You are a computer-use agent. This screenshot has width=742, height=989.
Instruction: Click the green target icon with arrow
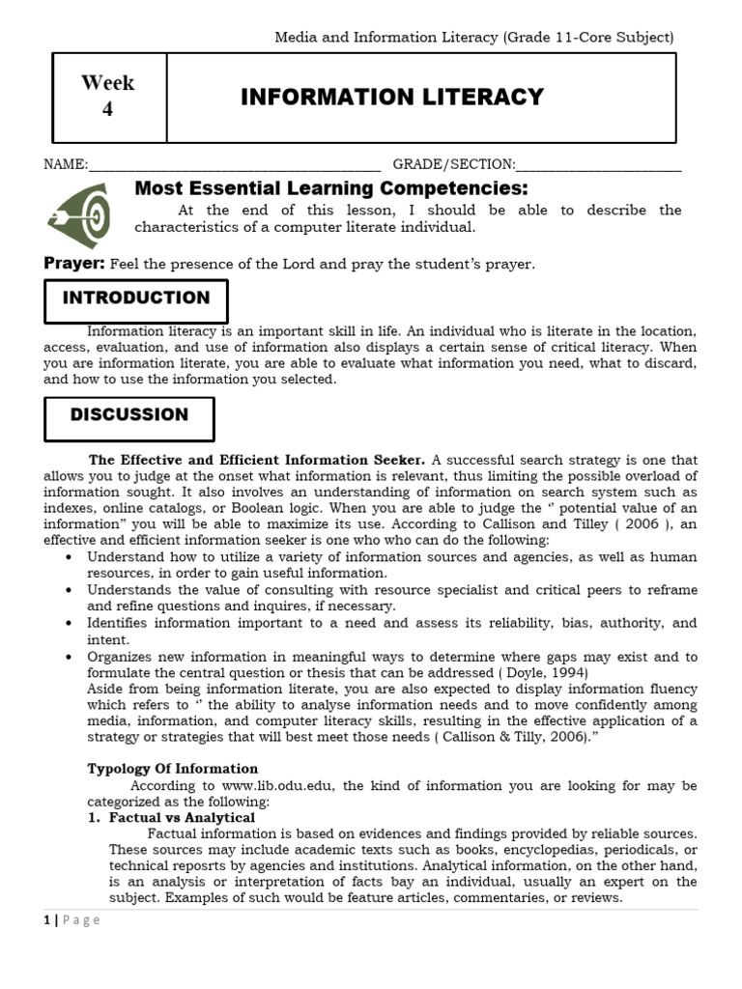[x=78, y=213]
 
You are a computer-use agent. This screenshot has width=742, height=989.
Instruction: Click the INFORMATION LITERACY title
[x=391, y=97]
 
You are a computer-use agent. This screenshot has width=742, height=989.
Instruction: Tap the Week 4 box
[x=107, y=97]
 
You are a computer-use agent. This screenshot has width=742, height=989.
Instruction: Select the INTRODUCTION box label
[x=136, y=298]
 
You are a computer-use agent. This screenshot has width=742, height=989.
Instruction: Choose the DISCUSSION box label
[x=129, y=415]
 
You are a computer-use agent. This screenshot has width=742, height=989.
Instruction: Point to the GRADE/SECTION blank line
[x=599, y=165]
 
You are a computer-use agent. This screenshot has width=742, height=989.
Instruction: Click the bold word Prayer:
[x=74, y=264]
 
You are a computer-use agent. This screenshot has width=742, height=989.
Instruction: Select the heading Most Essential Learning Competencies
[x=331, y=187]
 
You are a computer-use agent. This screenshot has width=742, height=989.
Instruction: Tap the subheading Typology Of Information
[x=173, y=769]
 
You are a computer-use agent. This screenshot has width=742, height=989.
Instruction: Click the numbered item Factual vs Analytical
[x=182, y=817]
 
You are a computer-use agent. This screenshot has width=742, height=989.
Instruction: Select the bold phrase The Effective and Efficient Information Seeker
[x=257, y=460]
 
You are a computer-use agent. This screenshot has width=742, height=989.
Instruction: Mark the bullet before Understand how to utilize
[x=67, y=558]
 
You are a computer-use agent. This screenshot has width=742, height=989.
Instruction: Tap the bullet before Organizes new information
[x=67, y=657]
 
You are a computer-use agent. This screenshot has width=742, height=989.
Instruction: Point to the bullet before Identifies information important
[x=67, y=624]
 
